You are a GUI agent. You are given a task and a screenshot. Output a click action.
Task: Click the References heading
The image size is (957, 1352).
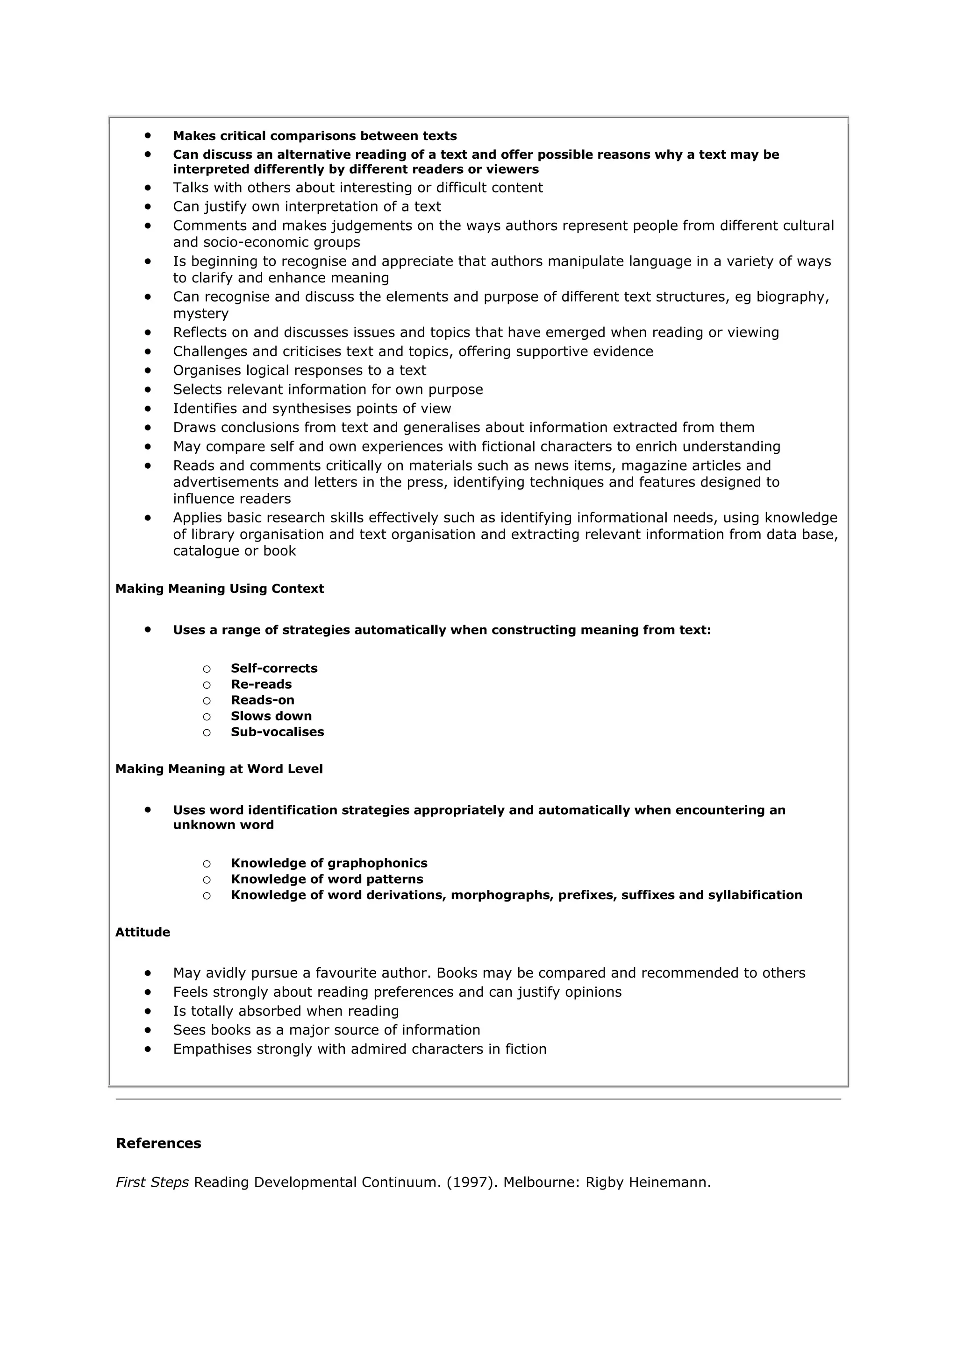click(x=158, y=1143)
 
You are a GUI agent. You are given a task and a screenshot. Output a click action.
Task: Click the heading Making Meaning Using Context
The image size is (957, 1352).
click(x=219, y=589)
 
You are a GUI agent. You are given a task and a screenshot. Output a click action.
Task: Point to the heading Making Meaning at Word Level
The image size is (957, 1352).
click(x=219, y=769)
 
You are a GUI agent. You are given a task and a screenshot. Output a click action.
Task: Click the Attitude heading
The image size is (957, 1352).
click(x=143, y=932)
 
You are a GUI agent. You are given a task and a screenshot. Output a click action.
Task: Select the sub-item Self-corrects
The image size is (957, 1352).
click(x=274, y=669)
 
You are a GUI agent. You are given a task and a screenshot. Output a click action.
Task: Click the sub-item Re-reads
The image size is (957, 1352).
click(x=261, y=684)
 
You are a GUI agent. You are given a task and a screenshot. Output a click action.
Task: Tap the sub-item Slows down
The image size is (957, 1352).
click(x=271, y=716)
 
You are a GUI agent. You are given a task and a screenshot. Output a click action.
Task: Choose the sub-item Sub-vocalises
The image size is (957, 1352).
click(x=277, y=732)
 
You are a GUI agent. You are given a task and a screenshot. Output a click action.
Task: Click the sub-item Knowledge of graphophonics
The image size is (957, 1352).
click(x=329, y=863)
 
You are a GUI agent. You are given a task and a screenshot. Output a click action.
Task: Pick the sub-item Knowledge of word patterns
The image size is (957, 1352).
click(x=327, y=879)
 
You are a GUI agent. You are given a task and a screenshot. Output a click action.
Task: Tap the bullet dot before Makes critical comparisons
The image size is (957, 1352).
click(x=148, y=135)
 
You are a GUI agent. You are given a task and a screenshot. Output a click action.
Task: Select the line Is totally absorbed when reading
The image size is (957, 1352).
click(x=286, y=1011)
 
